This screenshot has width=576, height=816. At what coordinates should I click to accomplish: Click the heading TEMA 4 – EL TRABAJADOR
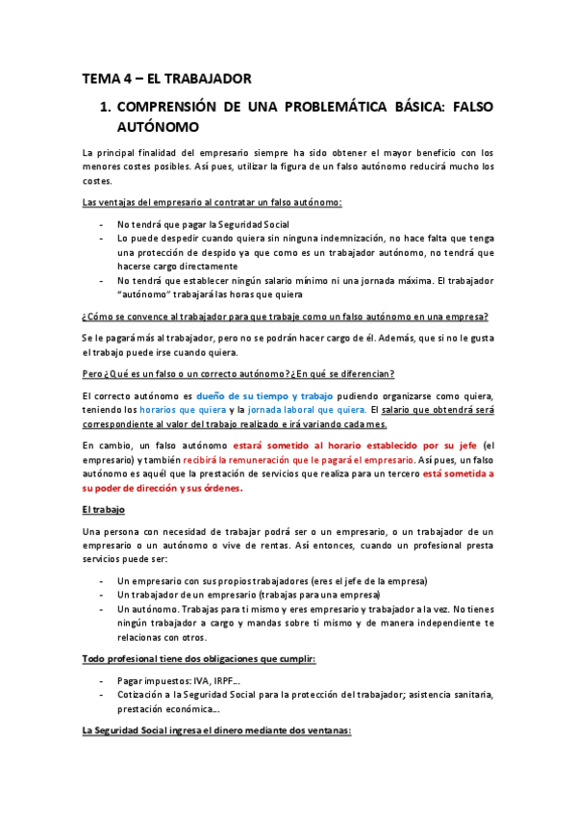point(166,78)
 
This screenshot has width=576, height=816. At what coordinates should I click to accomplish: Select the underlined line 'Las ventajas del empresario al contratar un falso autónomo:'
point(213,202)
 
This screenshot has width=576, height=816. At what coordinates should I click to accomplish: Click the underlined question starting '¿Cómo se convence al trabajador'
point(286,318)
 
